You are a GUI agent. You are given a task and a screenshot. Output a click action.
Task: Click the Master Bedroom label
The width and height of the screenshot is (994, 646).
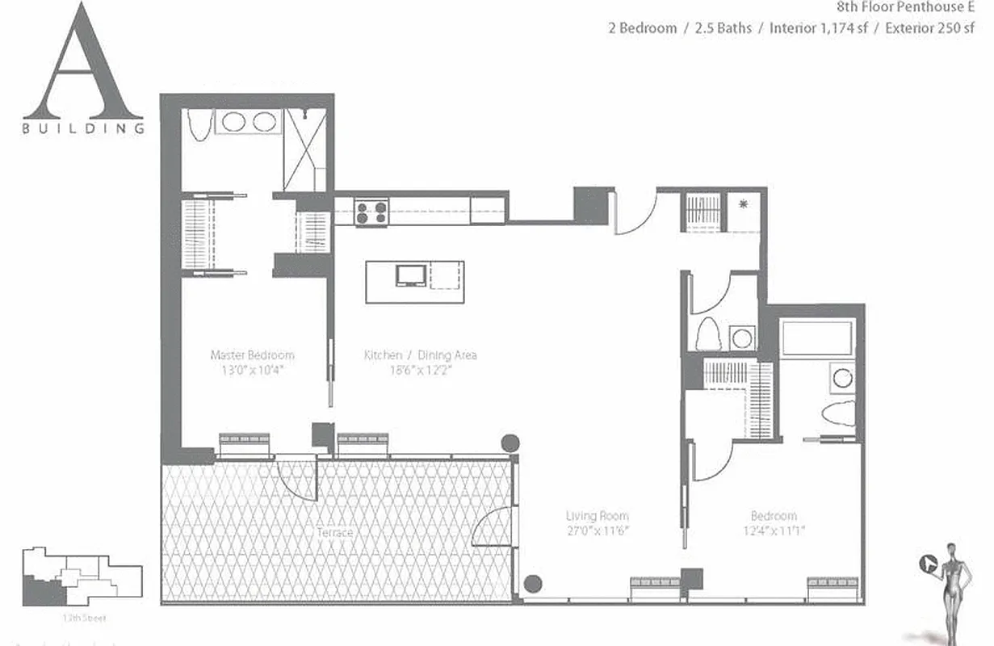252,354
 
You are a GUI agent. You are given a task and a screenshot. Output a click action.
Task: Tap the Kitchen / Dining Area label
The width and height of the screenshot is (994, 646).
420,354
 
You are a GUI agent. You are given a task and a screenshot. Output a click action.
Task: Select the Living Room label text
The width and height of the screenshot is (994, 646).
597,516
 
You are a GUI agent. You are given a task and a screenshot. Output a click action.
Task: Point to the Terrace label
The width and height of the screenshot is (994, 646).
334,533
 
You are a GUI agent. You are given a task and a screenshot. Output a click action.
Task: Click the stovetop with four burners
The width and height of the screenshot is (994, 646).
371,212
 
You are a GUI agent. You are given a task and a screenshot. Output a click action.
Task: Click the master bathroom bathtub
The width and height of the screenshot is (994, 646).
199,124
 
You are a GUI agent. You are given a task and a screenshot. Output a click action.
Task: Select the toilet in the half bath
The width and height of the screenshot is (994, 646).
708,333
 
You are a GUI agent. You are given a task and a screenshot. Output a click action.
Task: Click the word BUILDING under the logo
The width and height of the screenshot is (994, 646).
83,128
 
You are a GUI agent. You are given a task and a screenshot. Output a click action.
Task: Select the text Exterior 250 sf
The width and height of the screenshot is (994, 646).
929,28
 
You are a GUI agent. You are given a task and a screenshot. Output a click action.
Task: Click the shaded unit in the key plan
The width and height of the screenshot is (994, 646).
44,590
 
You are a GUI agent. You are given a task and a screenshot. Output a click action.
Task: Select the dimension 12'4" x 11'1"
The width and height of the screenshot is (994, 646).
774,531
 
